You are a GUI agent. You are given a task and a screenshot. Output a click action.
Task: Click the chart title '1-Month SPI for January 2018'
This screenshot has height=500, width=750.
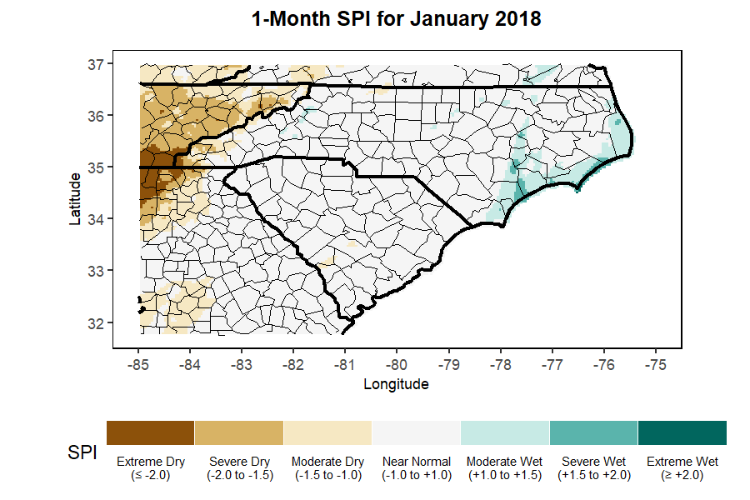[x=397, y=18]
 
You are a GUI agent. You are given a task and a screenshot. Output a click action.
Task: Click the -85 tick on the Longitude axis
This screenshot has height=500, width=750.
[x=138, y=364]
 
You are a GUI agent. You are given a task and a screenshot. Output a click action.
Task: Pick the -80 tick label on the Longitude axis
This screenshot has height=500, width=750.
[x=397, y=364]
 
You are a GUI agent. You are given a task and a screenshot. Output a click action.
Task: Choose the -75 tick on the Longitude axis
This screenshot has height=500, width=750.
[x=656, y=364]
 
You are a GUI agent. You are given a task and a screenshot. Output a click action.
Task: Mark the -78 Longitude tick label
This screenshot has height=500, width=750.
[x=501, y=364]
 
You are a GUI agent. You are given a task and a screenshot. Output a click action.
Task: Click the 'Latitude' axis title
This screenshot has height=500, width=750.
[x=76, y=198]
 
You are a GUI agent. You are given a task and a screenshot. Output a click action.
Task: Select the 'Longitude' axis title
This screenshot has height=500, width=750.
[x=397, y=384]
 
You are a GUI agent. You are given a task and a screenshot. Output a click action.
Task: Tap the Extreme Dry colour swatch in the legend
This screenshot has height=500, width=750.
[x=151, y=432]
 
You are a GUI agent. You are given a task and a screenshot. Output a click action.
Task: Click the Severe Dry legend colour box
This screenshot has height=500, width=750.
[x=239, y=432]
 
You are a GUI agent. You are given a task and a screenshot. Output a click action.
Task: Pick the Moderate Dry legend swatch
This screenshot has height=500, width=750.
[x=327, y=432]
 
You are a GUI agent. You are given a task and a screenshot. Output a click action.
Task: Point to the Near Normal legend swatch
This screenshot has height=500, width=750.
[x=417, y=432]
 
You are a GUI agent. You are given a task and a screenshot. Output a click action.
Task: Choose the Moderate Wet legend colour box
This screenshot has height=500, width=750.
[x=505, y=432]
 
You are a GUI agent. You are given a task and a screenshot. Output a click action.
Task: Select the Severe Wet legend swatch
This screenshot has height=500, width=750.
[x=593, y=432]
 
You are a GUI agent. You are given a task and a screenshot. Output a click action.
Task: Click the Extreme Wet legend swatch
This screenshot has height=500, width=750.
[x=682, y=432]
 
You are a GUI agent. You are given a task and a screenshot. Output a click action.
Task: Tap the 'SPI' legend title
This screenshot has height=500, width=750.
[x=82, y=454]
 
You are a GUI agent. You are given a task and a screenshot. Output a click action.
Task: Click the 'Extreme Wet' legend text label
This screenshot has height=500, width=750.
[x=682, y=461]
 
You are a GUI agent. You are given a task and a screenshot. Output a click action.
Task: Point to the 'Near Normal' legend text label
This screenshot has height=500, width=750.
[x=417, y=461]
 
